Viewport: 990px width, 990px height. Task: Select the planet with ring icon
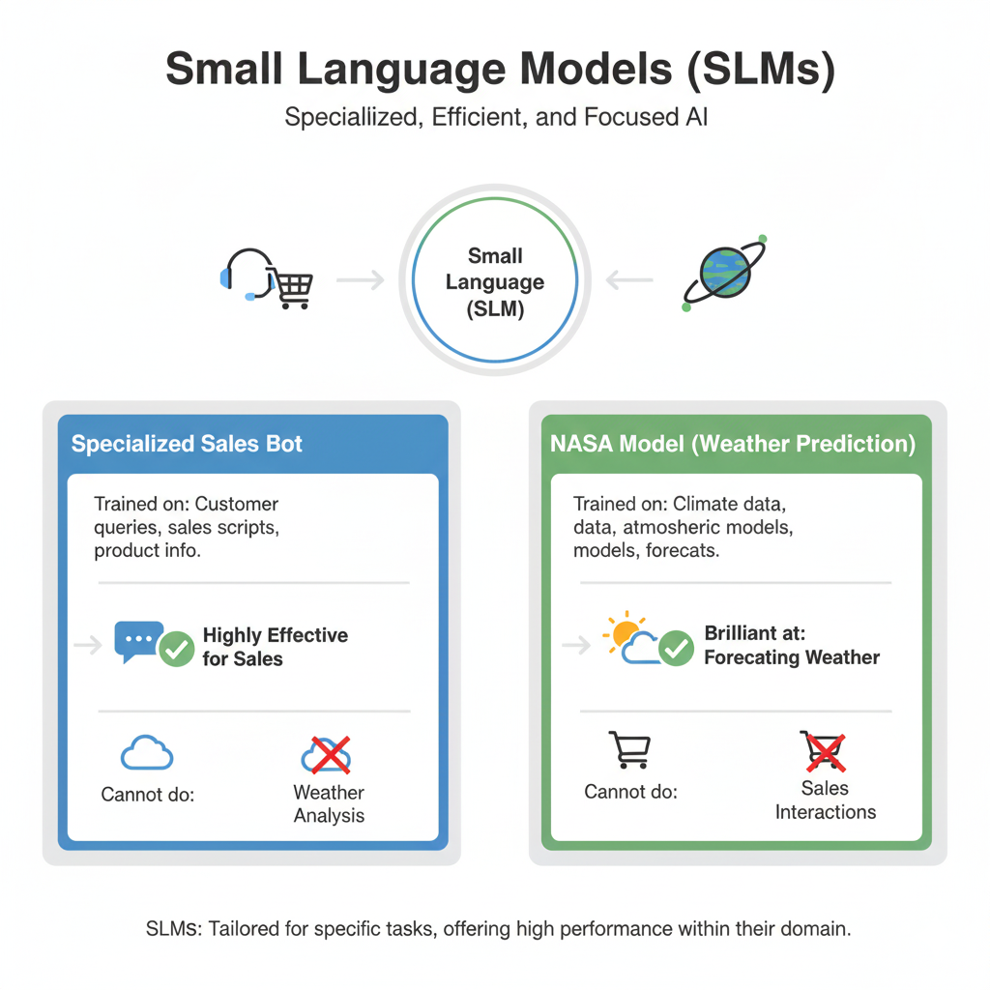[725, 274]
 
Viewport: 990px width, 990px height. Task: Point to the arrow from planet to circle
[629, 280]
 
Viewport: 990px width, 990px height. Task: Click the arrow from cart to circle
[360, 280]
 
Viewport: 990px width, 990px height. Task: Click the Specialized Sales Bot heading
[187, 445]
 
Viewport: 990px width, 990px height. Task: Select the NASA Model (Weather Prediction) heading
[732, 445]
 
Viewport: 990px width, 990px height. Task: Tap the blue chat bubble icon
[137, 640]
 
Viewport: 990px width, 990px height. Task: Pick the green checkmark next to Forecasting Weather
[676, 649]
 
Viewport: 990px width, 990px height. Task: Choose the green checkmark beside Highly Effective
[176, 649]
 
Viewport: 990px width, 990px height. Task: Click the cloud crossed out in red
[327, 755]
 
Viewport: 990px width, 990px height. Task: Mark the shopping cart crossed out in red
[824, 751]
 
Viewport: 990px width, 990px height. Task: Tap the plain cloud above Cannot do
[147, 753]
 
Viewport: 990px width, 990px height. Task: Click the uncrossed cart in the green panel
[629, 749]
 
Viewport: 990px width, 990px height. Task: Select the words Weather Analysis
[329, 803]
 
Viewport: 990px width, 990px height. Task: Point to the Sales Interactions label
[825, 800]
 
